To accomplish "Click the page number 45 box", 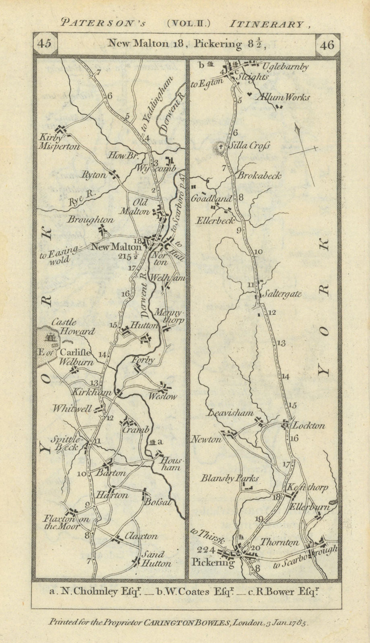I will pyautogui.click(x=45, y=44).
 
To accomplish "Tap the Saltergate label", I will pyautogui.click(x=282, y=294).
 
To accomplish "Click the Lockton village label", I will pyautogui.click(x=308, y=426).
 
